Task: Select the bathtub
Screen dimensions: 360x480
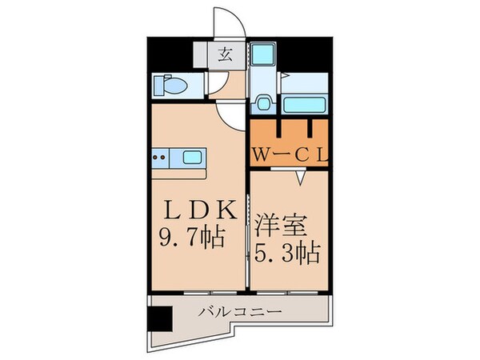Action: click(x=303, y=106)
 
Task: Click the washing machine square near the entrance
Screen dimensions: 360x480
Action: click(x=262, y=54)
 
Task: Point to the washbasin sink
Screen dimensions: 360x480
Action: click(x=263, y=104)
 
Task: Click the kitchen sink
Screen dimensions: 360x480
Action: click(x=191, y=157)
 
